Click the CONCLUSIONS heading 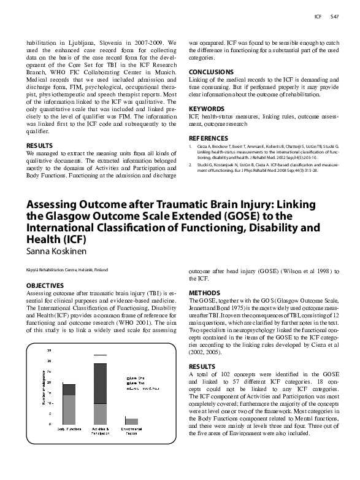[211, 72]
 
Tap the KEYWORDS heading [206, 107]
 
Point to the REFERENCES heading [209, 138]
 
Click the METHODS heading [204, 293]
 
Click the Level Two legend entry [135, 383]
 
